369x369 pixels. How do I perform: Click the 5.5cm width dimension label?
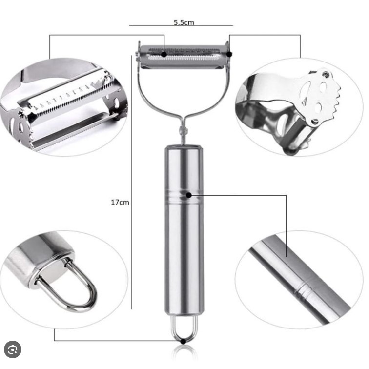pyautogui.click(x=184, y=22)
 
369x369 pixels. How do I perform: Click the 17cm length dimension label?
pyautogui.click(x=120, y=202)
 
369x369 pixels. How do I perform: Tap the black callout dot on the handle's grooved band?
pyautogui.click(x=188, y=195)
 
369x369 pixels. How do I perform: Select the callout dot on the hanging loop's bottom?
pyautogui.click(x=184, y=341)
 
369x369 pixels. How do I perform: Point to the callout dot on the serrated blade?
pyautogui.click(x=164, y=54)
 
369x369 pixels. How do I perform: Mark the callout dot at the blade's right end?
pyautogui.click(x=229, y=54)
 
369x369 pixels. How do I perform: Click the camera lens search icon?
pyautogui.click(x=13, y=350)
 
